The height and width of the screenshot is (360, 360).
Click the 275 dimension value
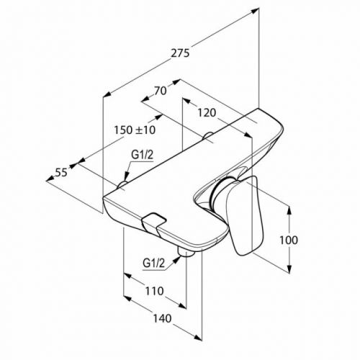pos(180,53)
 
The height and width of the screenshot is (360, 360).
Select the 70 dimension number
pos(161,91)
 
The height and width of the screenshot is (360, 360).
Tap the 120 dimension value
pos(207,112)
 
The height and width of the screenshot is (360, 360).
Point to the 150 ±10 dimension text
pos(135,130)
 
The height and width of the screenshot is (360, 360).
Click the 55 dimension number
pos(61,172)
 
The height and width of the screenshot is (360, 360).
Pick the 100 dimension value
pos(289,240)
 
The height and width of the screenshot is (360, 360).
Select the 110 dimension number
pos(154,291)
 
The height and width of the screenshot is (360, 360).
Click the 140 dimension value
pos(162,318)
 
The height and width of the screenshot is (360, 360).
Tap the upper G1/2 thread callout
pos(142,156)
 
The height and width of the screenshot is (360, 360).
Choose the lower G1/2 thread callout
pos(154,264)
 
